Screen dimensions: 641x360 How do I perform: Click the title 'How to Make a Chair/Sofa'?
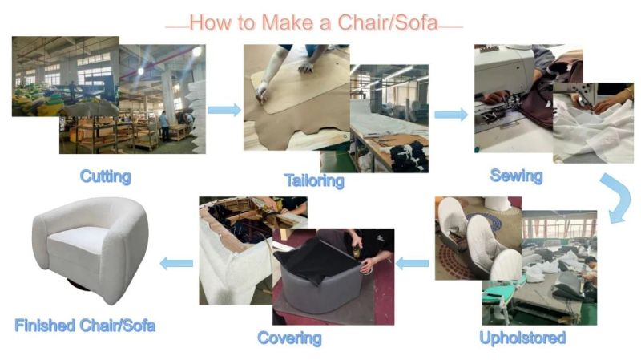tap(314, 22)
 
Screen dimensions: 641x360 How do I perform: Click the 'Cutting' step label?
tap(106, 176)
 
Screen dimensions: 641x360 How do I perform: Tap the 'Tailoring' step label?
tap(314, 180)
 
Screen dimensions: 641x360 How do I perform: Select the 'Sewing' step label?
tap(516, 176)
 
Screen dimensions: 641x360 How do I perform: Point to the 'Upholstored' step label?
tap(522, 338)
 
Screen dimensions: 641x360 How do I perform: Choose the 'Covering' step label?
tap(289, 338)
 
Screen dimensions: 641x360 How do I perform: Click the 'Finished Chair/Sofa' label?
tap(85, 326)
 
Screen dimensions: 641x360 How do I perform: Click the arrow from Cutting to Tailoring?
tap(224, 110)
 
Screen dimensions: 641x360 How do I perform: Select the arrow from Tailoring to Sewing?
tap(451, 115)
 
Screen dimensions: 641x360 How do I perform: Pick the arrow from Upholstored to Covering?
tap(413, 263)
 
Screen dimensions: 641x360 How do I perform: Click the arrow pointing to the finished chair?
tap(176, 263)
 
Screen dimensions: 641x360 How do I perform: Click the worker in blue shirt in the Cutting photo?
tap(164, 126)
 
